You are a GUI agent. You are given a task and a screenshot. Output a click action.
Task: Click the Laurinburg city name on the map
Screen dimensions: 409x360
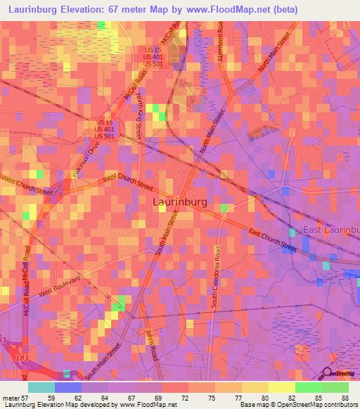[180, 202]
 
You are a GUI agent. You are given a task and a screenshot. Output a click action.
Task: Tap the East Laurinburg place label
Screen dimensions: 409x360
[331, 230]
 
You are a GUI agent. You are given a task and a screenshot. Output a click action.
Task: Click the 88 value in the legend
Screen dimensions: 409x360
[345, 398]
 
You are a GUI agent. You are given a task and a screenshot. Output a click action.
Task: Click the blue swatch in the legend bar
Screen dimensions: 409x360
[68, 387]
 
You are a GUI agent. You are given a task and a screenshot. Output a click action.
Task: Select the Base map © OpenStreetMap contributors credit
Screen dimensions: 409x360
[297, 405]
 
